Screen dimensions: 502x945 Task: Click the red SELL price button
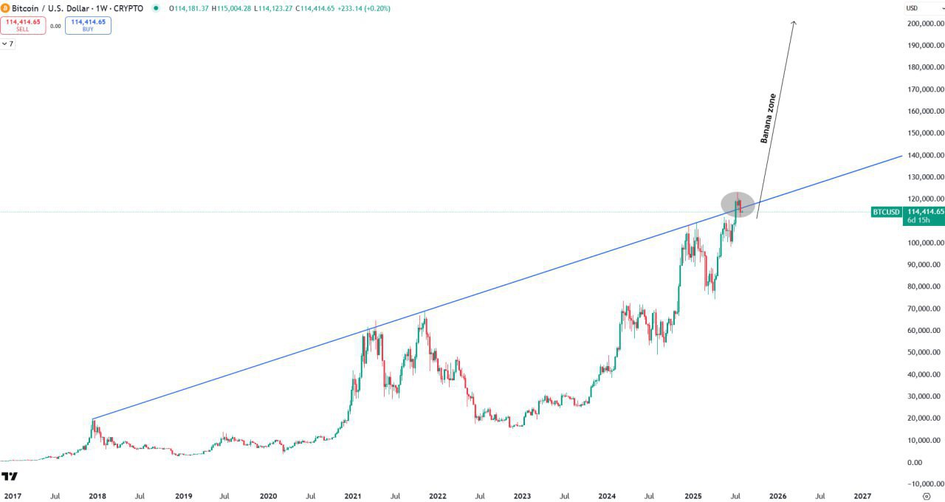click(x=23, y=25)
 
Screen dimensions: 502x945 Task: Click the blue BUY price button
click(x=88, y=25)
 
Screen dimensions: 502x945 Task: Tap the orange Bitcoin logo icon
click(x=5, y=8)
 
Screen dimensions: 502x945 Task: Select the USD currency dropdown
click(x=923, y=8)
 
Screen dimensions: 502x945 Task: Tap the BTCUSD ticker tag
click(x=886, y=212)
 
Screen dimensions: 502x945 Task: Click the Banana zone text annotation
click(x=769, y=117)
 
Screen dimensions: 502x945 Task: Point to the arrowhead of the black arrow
click(x=794, y=22)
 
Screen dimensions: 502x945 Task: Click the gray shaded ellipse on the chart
click(x=738, y=204)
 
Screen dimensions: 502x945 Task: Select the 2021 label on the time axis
click(x=353, y=497)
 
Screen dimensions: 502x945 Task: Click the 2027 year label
click(x=862, y=497)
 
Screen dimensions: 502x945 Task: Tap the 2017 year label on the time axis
click(x=13, y=497)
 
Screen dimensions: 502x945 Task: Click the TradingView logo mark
click(x=9, y=476)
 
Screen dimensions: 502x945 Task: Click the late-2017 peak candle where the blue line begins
click(x=93, y=420)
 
